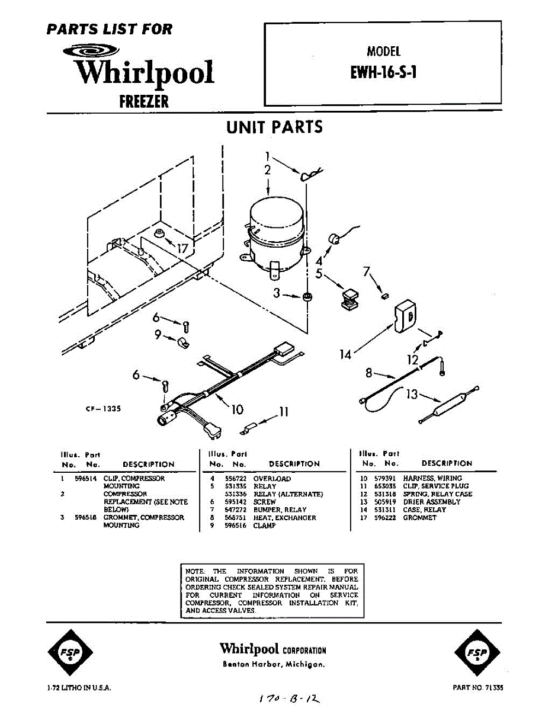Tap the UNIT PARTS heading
tap(274, 127)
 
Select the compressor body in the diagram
tap(275, 231)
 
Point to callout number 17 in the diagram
tap(182, 248)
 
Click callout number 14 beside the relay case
tap(345, 354)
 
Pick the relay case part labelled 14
tap(406, 315)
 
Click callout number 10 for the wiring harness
tap(237, 409)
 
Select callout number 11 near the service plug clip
tap(284, 412)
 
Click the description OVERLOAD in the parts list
tap(272, 478)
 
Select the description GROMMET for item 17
tap(419, 518)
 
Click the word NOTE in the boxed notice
tap(195, 571)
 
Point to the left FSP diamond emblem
tap(70, 653)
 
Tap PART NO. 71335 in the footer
tap(477, 688)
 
